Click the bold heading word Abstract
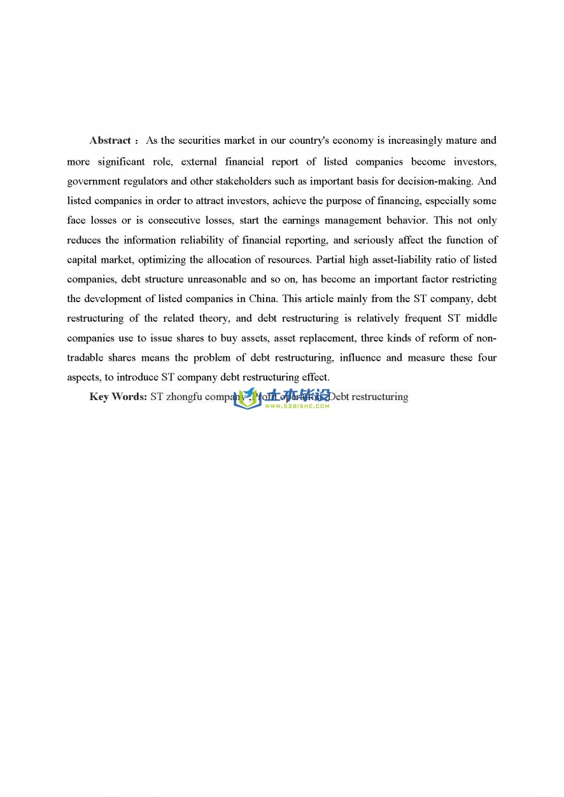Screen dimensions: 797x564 point(110,141)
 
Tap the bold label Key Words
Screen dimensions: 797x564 point(118,397)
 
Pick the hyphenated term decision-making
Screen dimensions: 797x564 point(435,181)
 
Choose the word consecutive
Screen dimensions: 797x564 point(176,221)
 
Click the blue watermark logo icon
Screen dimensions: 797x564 point(248,399)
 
